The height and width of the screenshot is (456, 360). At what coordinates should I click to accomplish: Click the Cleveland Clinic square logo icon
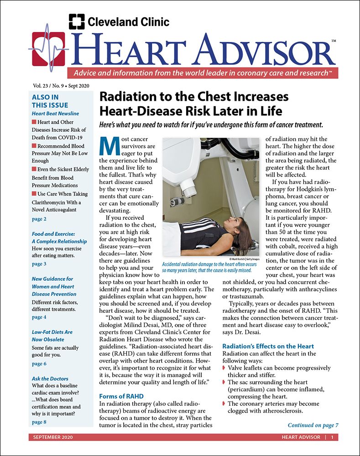click(x=77, y=21)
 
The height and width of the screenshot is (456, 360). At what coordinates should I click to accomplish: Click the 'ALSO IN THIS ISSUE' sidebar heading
click(x=45, y=101)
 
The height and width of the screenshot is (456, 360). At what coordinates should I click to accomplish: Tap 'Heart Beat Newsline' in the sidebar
click(x=55, y=113)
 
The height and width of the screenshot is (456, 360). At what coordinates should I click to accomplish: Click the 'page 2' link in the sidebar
click(x=39, y=219)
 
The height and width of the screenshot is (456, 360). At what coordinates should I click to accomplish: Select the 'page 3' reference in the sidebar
click(x=39, y=264)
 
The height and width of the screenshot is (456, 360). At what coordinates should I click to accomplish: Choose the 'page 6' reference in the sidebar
click(x=39, y=363)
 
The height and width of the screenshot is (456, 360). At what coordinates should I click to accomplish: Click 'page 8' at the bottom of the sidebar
click(x=39, y=422)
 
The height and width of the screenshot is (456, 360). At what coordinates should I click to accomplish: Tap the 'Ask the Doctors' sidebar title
click(x=50, y=378)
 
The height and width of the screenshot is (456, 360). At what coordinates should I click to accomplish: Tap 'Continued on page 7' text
click(x=313, y=425)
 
